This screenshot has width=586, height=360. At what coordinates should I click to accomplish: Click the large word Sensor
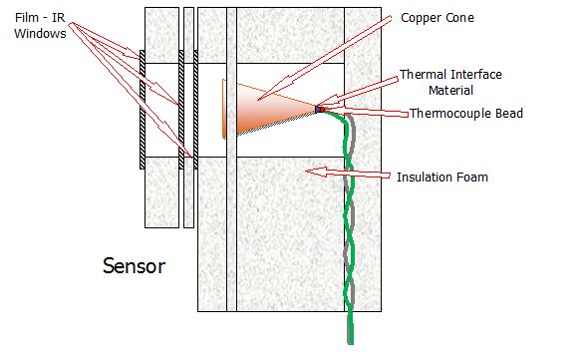coord(134,266)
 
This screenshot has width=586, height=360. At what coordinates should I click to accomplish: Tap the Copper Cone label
coord(438,18)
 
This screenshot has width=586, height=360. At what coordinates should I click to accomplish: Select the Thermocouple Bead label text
coord(466,114)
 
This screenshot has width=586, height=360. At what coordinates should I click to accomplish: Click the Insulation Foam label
coord(442,177)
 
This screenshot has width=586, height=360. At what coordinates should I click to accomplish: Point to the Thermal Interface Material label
coord(450,82)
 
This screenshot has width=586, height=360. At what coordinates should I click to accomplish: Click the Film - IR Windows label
coord(40,25)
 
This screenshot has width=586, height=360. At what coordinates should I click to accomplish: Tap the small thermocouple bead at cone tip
coord(320,110)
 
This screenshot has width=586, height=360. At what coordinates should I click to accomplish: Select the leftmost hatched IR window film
coord(143,110)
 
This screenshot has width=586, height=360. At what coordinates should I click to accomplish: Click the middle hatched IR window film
coord(181,110)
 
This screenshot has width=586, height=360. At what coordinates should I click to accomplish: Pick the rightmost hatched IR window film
coord(195,110)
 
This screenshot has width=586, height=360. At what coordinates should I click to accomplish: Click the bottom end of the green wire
coord(351,343)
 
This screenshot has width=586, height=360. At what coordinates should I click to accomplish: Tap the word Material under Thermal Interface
coord(450,91)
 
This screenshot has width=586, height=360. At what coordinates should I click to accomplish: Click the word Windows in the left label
coord(40,33)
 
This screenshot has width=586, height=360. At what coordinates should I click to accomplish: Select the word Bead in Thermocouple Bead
coord(509,114)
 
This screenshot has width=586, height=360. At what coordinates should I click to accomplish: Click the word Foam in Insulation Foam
coord(473,177)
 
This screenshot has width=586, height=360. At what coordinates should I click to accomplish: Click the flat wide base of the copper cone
coord(224,109)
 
